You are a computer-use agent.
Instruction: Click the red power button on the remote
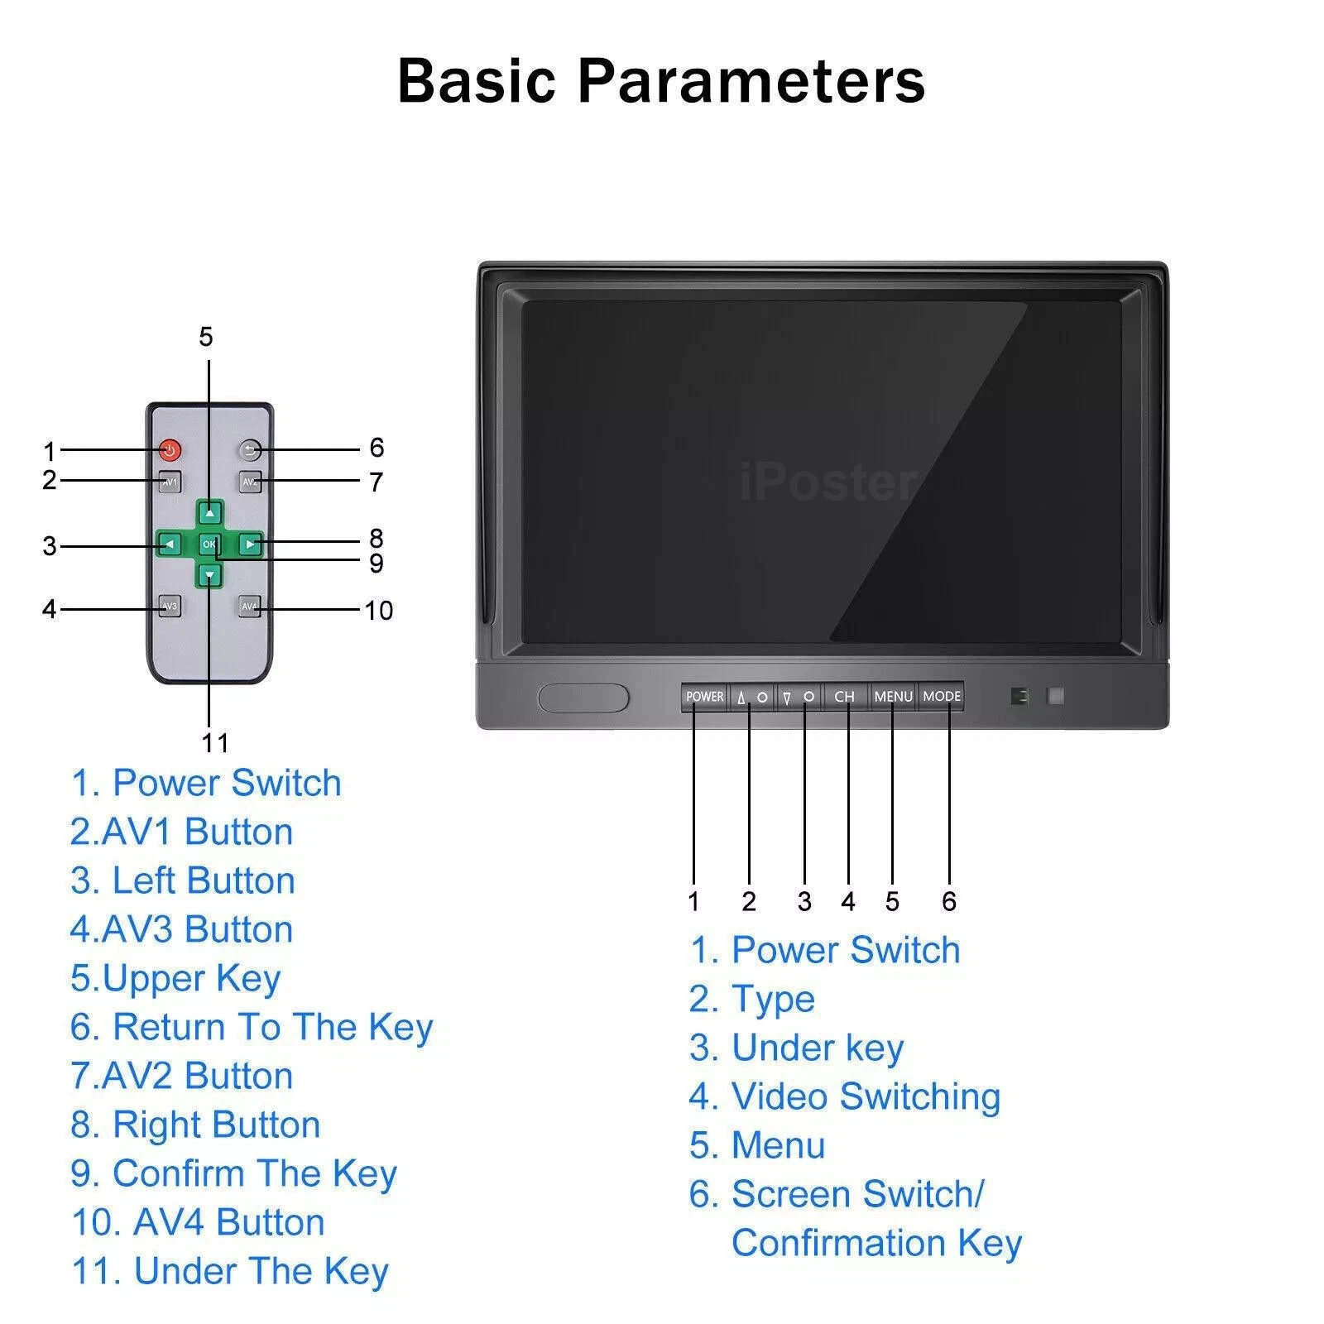170,450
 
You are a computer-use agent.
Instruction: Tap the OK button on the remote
209,544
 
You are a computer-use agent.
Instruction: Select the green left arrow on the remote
169,544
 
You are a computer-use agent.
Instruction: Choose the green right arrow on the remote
251,544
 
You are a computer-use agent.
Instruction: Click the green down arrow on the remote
210,575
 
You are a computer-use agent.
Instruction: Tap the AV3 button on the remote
170,607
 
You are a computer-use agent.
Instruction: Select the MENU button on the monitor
893,697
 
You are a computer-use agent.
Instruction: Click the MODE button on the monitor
942,697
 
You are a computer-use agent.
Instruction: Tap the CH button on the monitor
845,697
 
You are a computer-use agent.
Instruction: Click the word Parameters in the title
751,81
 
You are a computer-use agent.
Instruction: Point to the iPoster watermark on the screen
827,483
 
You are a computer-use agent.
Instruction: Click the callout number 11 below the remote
215,743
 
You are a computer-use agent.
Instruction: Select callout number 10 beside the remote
379,611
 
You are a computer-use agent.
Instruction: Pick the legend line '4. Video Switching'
845,1097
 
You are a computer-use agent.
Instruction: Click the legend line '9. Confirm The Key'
234,1174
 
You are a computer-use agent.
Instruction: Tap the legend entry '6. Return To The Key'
252,1028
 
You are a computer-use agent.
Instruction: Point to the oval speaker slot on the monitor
583,698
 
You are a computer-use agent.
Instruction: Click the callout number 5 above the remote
206,337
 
